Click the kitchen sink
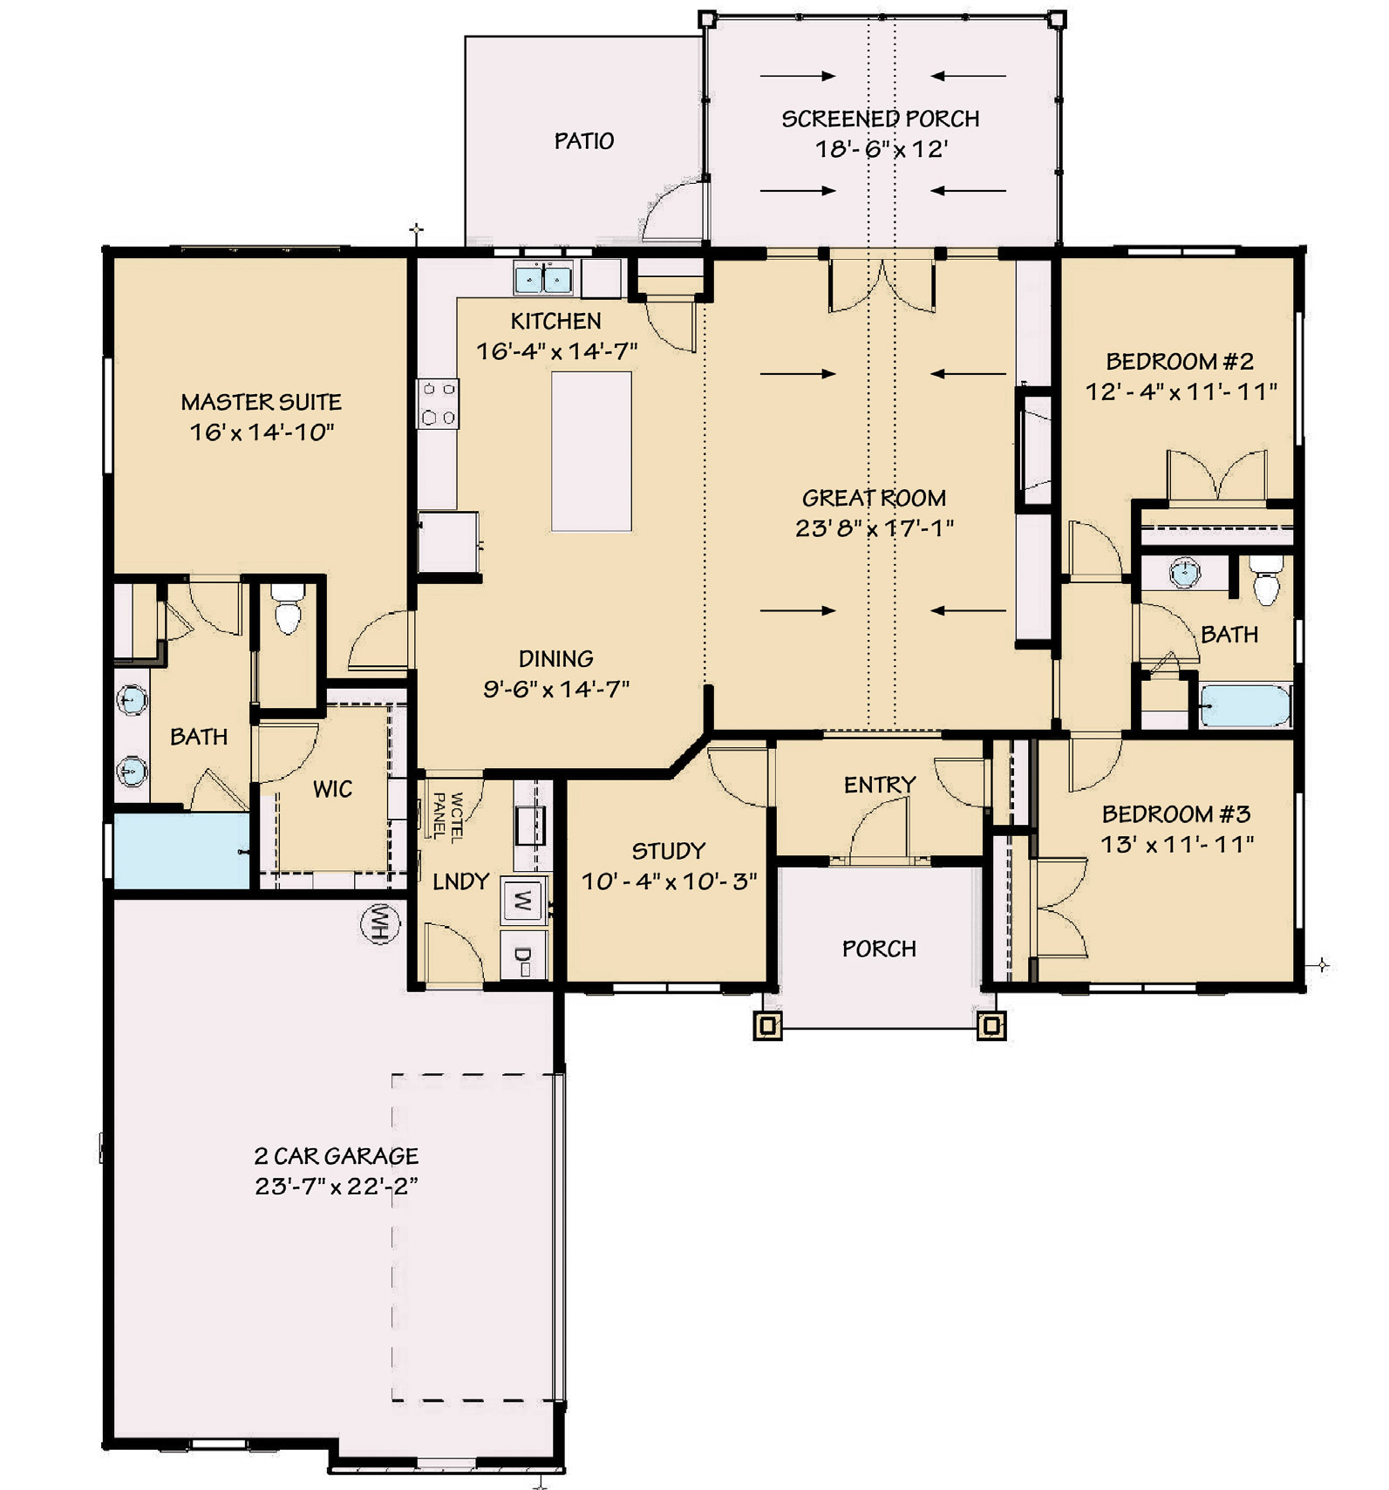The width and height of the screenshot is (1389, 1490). (542, 278)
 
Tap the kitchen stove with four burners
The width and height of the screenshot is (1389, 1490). (438, 404)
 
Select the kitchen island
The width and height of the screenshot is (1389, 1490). (591, 452)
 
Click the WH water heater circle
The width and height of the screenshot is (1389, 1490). (380, 923)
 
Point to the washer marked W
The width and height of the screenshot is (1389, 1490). (522, 900)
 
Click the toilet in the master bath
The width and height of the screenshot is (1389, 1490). (287, 608)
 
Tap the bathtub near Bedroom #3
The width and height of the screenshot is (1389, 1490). (1244, 705)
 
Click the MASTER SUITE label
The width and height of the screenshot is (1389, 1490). (261, 402)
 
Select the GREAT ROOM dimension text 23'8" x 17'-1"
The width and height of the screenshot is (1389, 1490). (875, 528)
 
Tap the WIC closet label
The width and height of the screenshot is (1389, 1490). (332, 789)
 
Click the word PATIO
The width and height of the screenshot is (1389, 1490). (583, 140)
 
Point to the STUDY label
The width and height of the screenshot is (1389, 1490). (669, 851)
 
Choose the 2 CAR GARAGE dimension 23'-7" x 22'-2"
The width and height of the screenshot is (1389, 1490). (337, 1186)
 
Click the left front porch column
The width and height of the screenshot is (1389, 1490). (767, 1026)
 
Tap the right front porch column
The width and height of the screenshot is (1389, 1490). (991, 1026)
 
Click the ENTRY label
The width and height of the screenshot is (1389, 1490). (879, 785)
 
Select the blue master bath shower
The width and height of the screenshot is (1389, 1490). (181, 851)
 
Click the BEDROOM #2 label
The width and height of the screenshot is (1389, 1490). (1180, 361)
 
